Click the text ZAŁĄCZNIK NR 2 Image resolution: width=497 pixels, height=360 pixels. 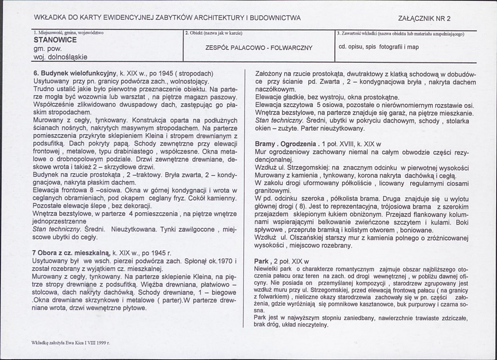click(424, 18)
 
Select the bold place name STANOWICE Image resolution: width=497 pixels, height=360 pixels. click(55, 40)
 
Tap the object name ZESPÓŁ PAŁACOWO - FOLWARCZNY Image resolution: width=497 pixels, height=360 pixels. click(259, 48)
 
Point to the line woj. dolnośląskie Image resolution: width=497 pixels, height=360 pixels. click(60, 57)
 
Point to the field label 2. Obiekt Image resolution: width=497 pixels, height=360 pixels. click(214, 33)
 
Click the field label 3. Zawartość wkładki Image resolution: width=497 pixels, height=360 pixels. click(401, 33)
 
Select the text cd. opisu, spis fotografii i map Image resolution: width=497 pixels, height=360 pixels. click(379, 47)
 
